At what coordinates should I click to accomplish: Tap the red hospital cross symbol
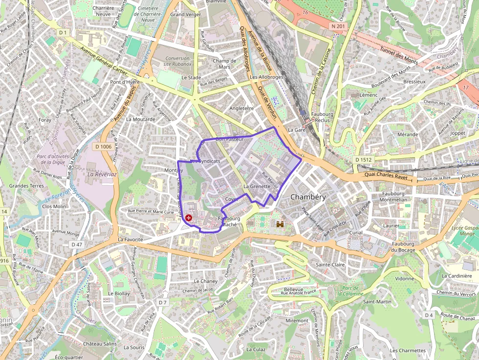189,218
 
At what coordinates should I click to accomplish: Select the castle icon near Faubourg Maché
281,224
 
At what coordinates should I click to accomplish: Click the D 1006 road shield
103,147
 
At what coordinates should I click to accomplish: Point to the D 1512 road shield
364,160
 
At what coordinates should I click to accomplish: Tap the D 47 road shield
76,244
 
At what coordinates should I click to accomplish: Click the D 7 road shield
163,302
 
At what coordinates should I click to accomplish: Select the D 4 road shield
429,315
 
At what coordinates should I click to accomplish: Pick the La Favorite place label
131,240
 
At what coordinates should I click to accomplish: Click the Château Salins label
100,344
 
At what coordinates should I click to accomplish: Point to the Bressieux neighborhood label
414,82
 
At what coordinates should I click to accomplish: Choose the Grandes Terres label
26,186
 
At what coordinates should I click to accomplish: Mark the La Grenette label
257,187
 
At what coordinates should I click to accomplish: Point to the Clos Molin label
54,206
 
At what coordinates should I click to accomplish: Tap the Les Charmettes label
408,350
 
